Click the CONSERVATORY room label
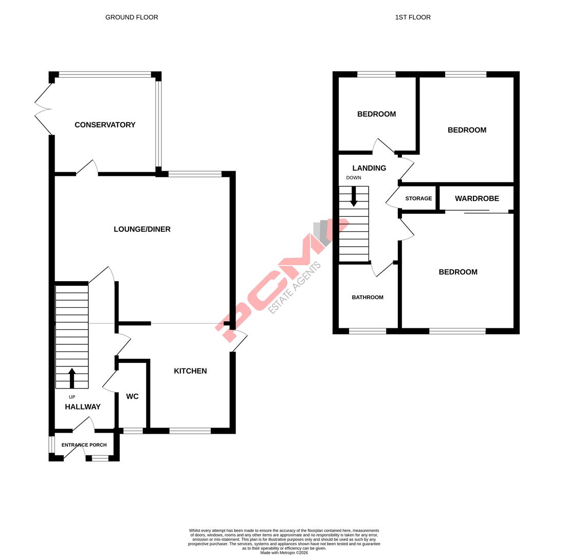105,125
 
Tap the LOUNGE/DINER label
142,229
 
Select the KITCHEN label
190,371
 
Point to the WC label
132,397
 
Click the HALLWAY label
83,407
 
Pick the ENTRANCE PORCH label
84,445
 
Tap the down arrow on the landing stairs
354,196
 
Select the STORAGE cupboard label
418,198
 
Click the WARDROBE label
477,198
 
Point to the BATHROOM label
368,298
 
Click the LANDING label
369,168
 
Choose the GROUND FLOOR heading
132,17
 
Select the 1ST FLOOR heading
413,17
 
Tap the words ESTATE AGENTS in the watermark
295,288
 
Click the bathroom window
368,331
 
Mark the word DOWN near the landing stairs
354,178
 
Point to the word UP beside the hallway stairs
72,397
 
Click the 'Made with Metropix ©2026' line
284,553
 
